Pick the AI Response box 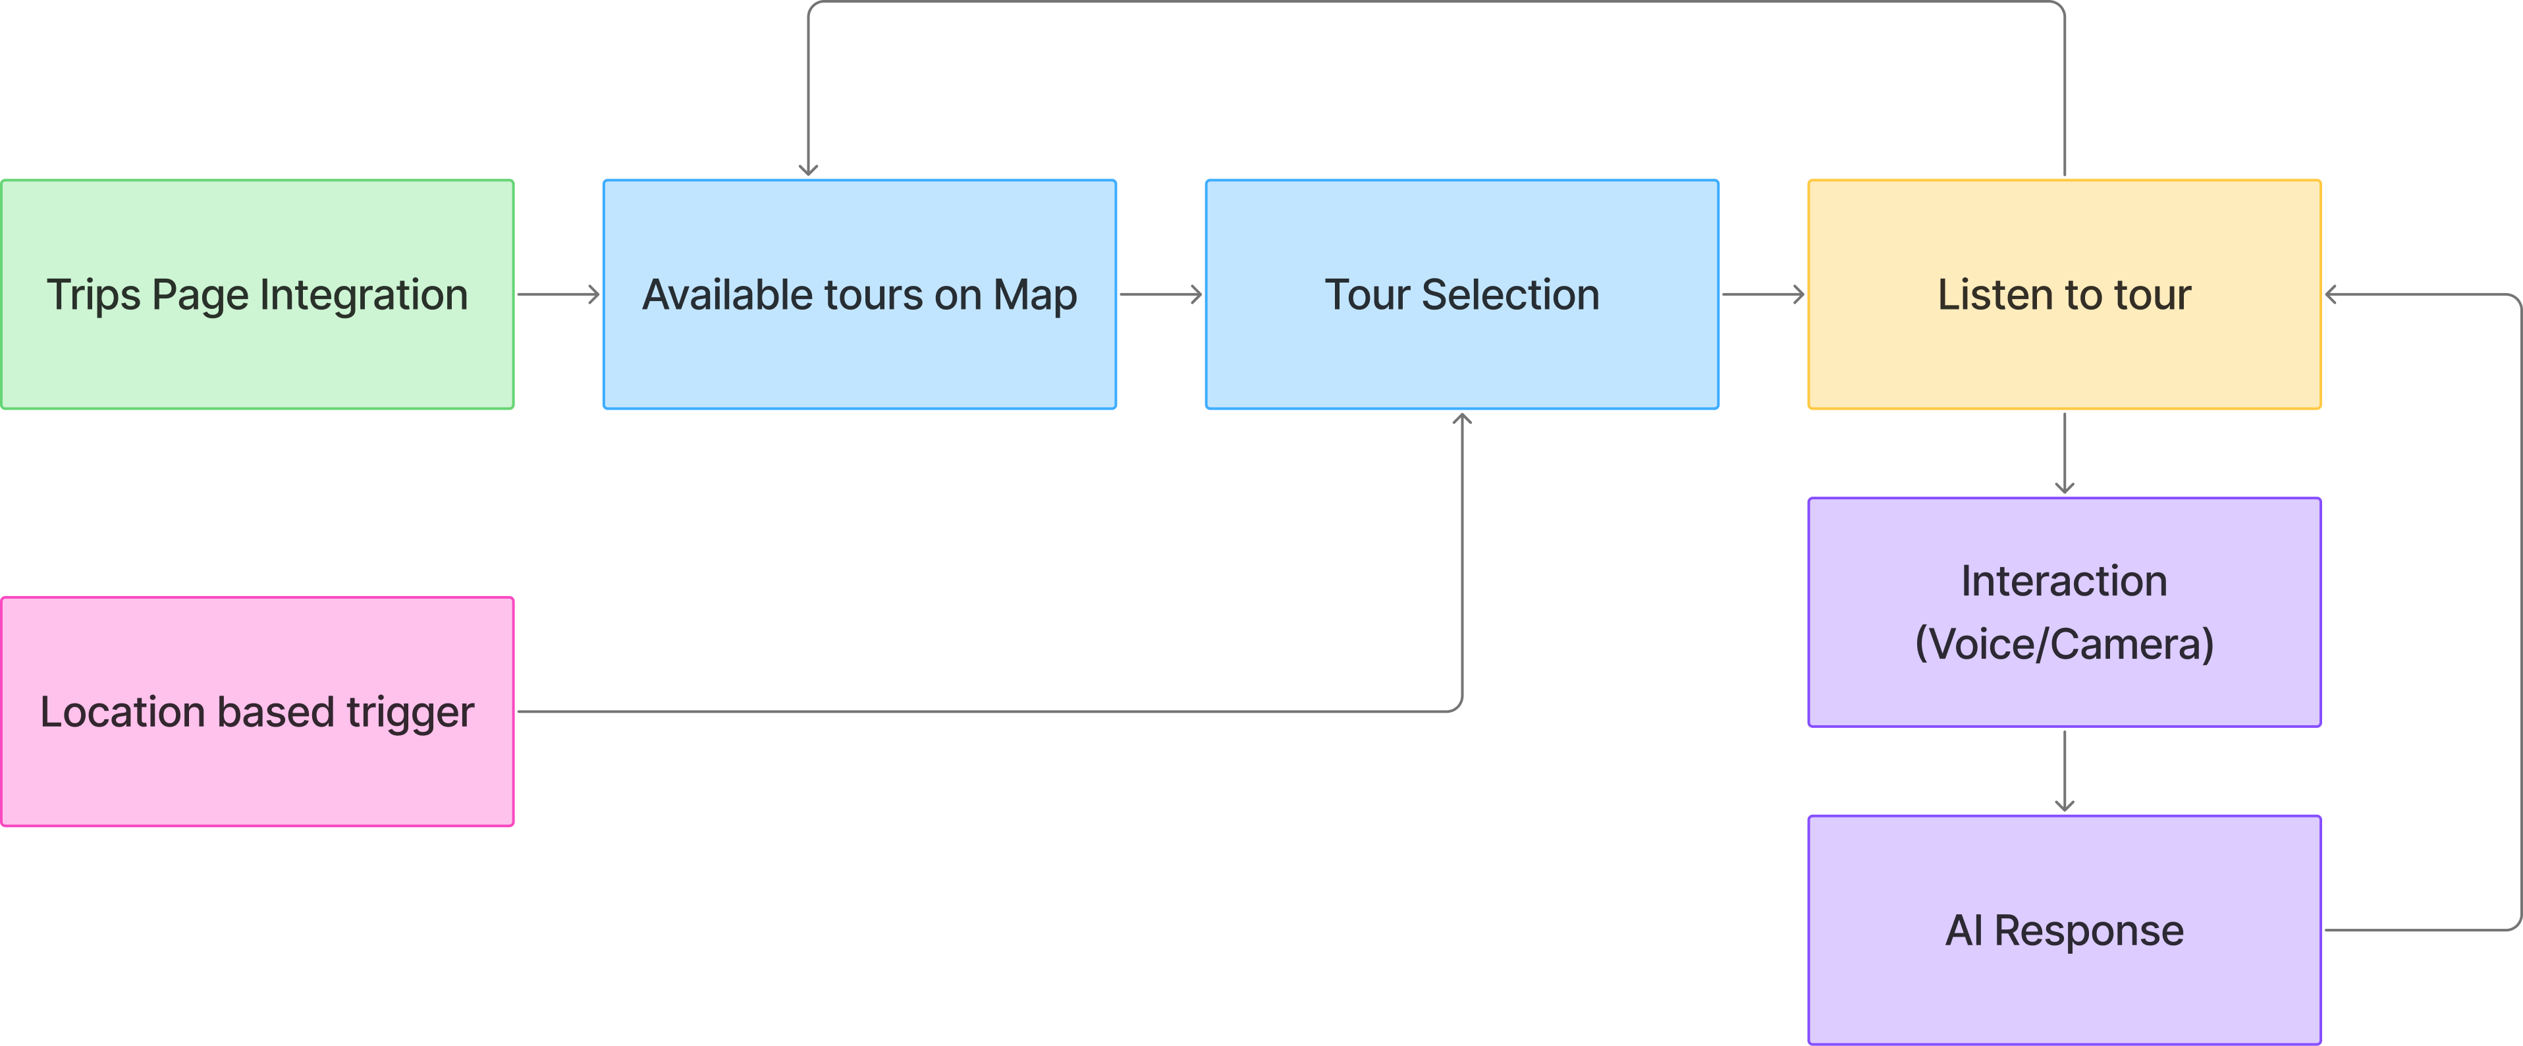tap(2064, 989)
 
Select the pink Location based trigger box tap(258, 774)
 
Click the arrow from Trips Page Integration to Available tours tap(558, 294)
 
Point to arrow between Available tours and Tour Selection tap(1160, 294)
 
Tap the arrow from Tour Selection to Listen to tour tap(1763, 294)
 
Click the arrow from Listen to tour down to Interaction tap(2065, 453)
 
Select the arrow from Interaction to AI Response tap(2065, 771)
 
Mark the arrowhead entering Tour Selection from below tap(1462, 419)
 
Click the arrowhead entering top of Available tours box tap(808, 169)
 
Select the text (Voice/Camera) tap(2064, 644)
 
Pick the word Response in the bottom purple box tap(2088, 931)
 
